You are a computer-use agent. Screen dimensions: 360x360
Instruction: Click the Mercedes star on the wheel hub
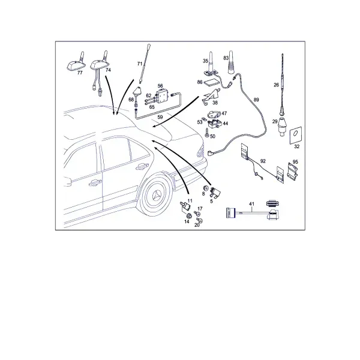[158, 196]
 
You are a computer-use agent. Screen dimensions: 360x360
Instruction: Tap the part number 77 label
[80, 73]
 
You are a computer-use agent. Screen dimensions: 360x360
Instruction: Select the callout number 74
[108, 70]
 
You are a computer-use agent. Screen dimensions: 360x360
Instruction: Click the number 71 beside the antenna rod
[140, 64]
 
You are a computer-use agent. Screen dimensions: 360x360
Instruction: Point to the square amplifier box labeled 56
[162, 97]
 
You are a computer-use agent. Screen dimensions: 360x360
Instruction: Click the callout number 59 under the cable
[160, 117]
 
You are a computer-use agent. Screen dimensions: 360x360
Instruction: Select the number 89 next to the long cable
[256, 100]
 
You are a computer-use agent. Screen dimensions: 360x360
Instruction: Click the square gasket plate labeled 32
[295, 135]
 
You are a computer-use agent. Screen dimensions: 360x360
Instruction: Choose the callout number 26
[276, 85]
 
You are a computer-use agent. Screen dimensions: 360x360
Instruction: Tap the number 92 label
[263, 161]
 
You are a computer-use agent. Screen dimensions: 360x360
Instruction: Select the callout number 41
[252, 204]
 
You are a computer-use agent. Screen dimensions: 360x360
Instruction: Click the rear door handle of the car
[142, 167]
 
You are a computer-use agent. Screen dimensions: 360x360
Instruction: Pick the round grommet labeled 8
[206, 188]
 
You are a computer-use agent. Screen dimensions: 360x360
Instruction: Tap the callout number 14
[187, 221]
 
